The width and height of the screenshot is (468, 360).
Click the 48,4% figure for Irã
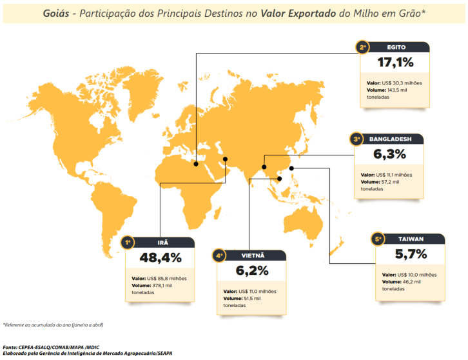coord(161,258)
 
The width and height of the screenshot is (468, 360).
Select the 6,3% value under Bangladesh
coord(389,155)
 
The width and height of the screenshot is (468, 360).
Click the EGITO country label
coord(396,46)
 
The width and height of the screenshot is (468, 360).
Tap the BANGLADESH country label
coord(389,139)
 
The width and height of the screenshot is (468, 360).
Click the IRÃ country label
coord(163,243)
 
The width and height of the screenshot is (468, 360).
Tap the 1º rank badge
coord(129,243)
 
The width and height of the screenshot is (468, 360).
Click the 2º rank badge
coord(364,46)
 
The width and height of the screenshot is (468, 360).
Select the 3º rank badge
coord(356,139)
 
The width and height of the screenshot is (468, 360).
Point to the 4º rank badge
coord(220,255)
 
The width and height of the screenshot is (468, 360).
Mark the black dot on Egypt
coord(196,163)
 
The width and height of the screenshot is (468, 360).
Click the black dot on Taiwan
coord(292,169)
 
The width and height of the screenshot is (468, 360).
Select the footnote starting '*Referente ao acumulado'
coord(53,325)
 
